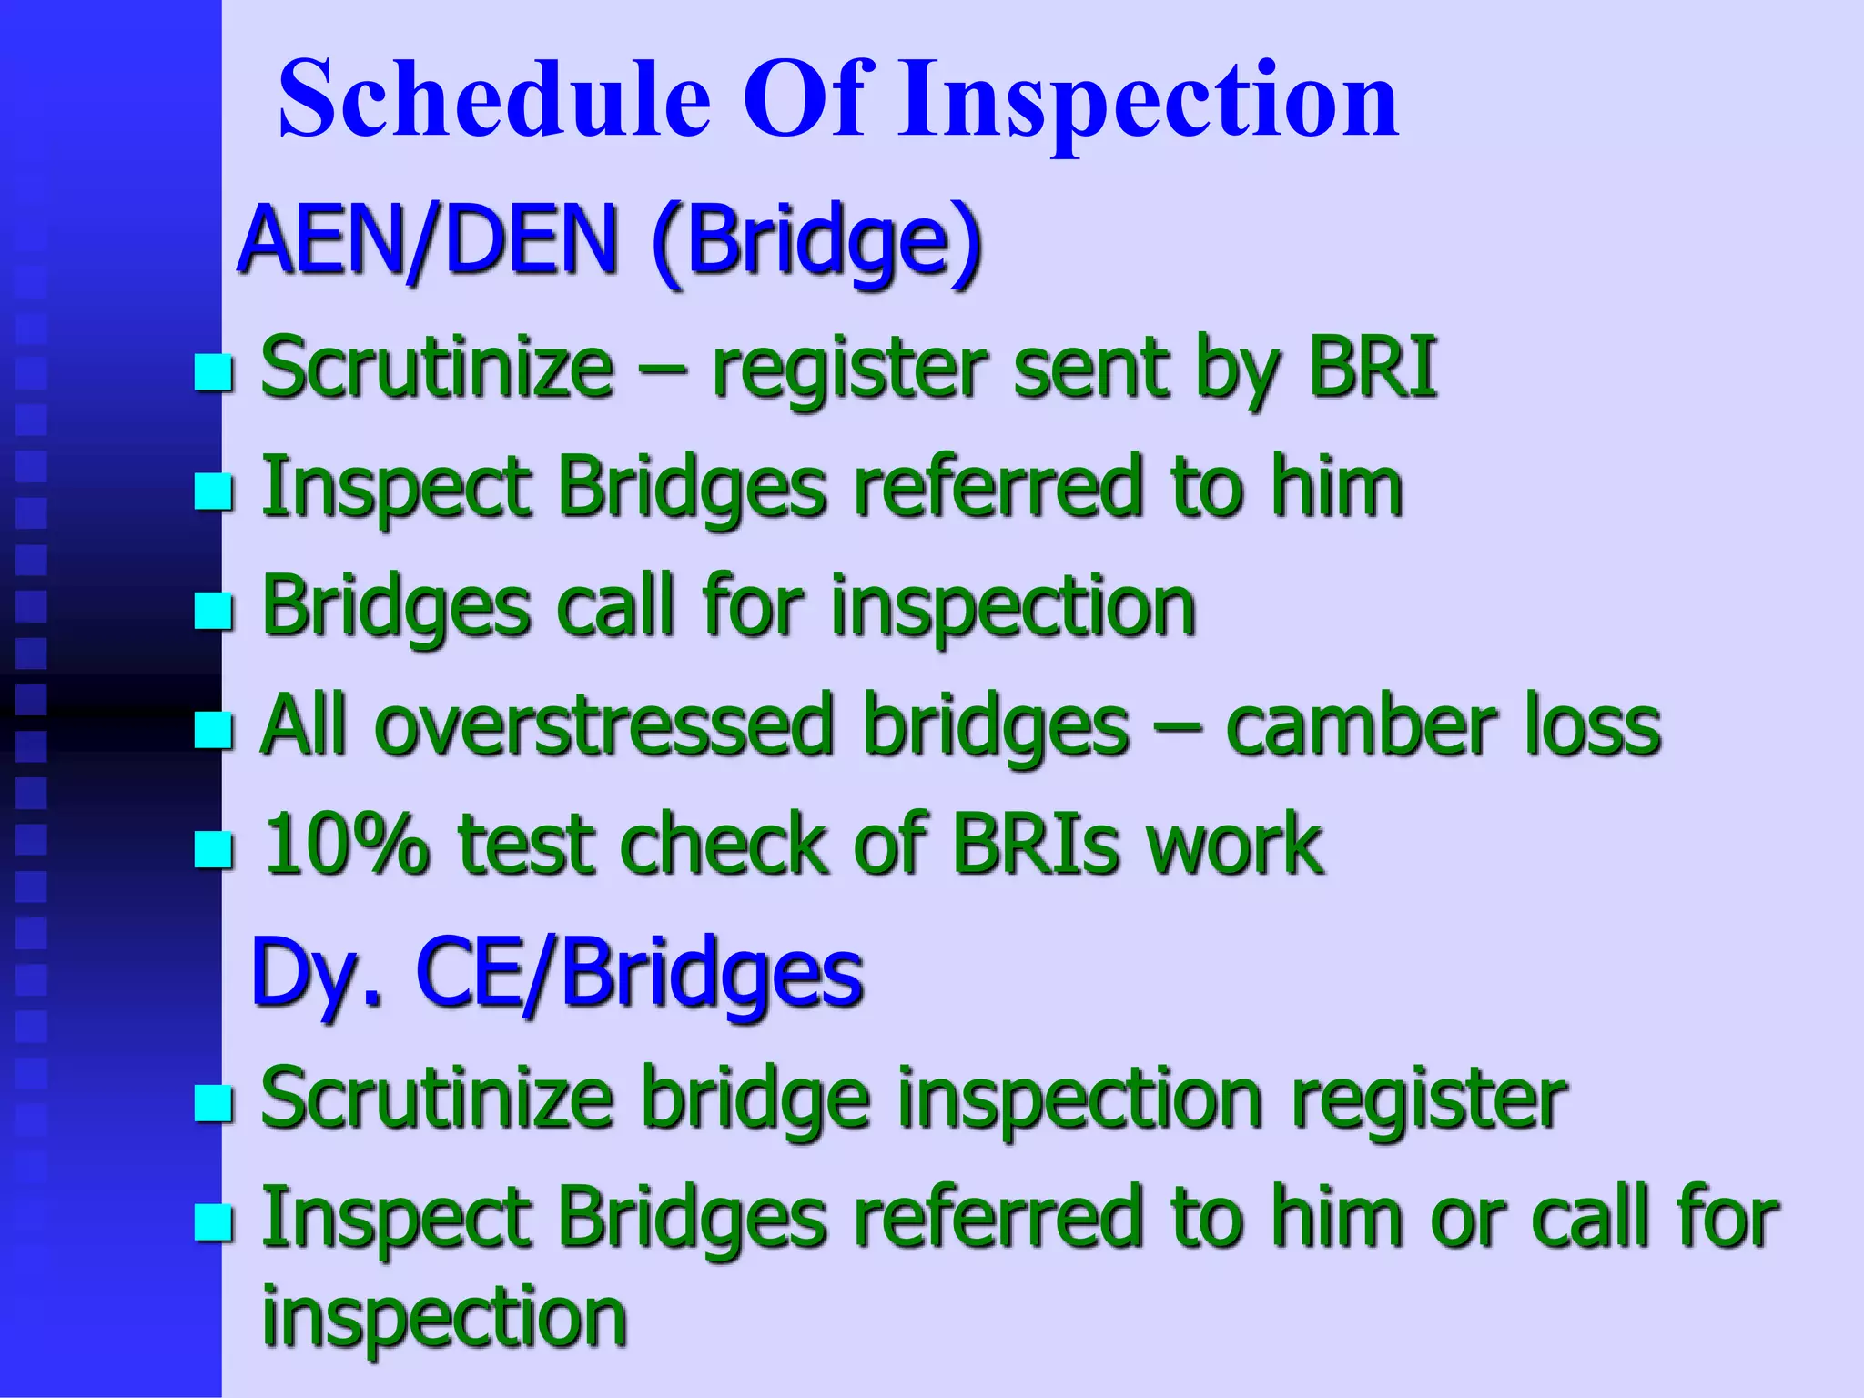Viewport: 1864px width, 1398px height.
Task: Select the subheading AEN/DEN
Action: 428,240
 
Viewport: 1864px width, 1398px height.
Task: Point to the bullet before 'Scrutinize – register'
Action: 214,373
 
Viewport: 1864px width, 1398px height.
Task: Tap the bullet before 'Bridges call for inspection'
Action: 214,611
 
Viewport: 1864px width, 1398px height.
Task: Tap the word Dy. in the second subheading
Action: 315,972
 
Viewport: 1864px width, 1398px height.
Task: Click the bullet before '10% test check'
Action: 214,849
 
